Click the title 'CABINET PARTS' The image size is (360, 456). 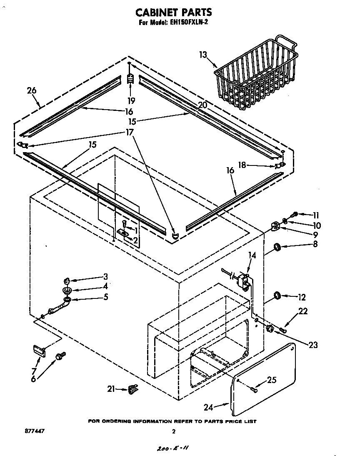pos(175,13)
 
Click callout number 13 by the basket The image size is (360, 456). pos(203,54)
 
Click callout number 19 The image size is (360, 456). pos(131,100)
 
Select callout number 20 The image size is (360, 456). pos(202,105)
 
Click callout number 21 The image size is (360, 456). pos(111,389)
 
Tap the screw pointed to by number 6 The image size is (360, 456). pos(60,356)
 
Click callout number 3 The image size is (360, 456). pos(105,276)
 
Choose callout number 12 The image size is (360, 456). pos(301,298)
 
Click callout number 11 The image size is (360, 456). pos(315,215)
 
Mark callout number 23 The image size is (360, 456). pos(313,345)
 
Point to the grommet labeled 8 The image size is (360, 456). pos(276,249)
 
